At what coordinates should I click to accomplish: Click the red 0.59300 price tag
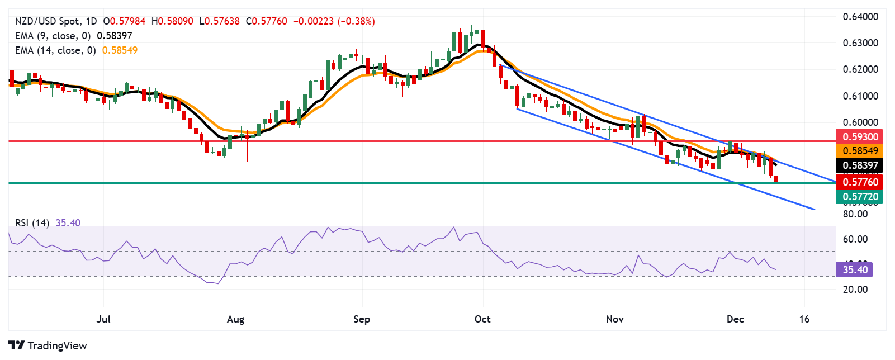[859, 137]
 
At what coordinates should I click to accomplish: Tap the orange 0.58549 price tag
[859, 151]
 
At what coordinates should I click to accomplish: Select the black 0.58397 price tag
[859, 165]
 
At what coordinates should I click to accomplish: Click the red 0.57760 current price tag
[859, 182]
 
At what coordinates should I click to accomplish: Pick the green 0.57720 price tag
[859, 197]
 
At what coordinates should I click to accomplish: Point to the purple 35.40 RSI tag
[855, 270]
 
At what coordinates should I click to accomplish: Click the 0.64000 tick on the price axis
[860, 17]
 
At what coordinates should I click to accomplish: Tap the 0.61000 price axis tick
[860, 96]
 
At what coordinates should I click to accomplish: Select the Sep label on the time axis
[362, 319]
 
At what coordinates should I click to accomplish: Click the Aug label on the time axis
[235, 319]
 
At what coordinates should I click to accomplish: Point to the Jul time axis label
[103, 319]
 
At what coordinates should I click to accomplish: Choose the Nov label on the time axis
[614, 319]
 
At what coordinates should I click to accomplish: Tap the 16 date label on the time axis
[804, 319]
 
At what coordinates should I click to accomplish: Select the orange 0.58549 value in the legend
[120, 50]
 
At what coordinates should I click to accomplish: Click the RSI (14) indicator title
[32, 223]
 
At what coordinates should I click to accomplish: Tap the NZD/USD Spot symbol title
[47, 21]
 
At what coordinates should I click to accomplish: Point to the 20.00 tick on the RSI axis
[855, 290]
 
